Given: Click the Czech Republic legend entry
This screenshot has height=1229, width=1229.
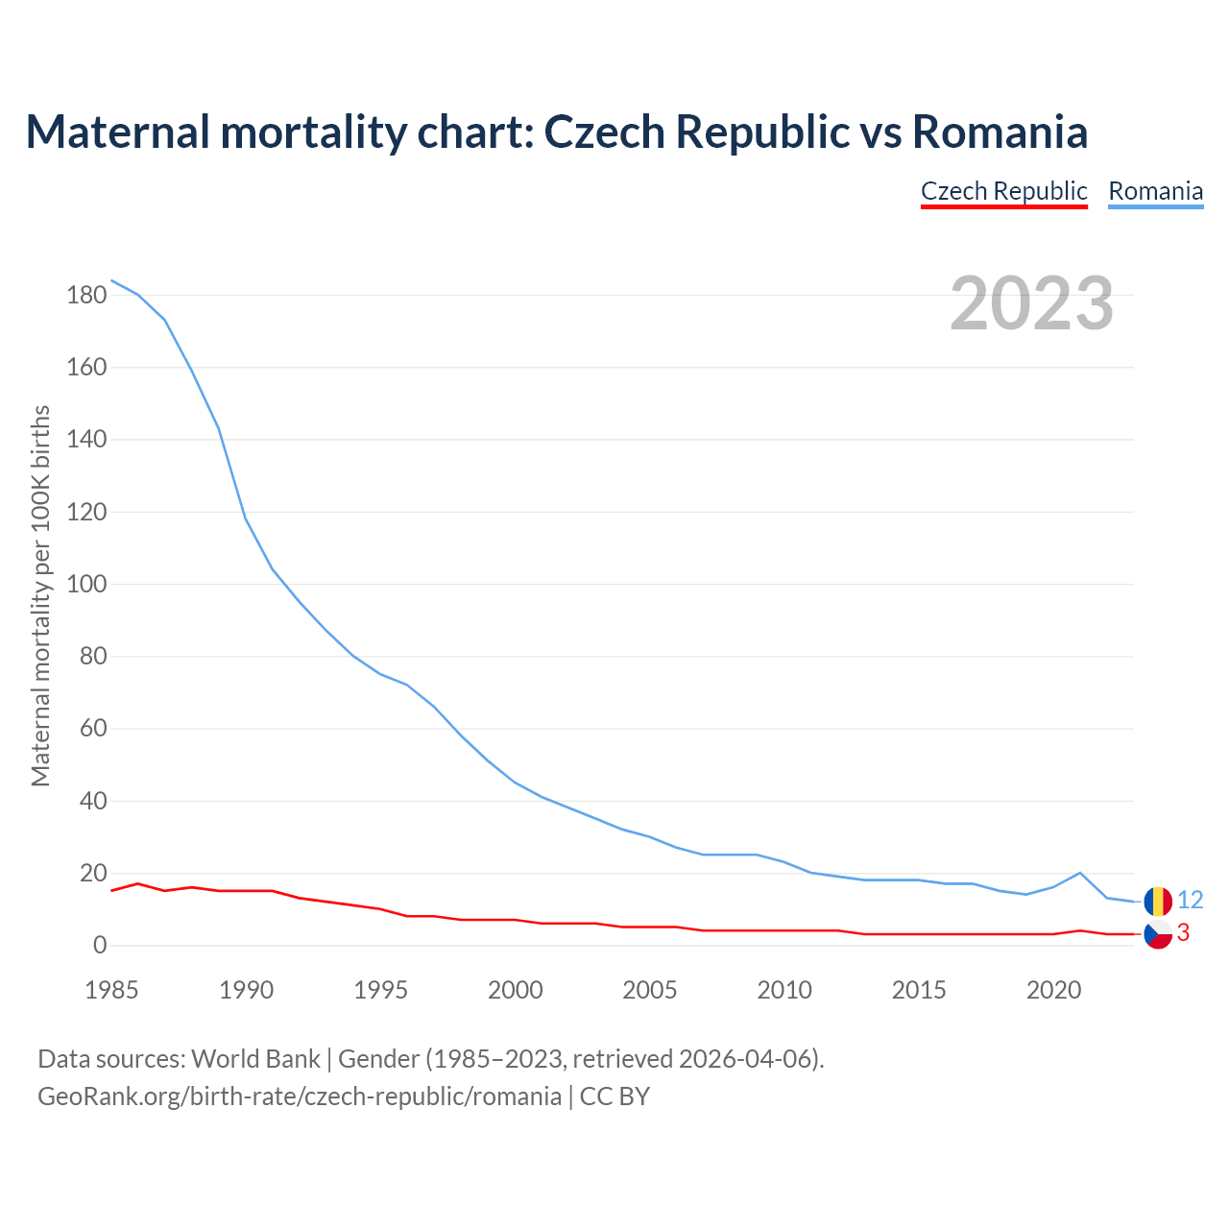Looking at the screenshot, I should tap(1003, 191).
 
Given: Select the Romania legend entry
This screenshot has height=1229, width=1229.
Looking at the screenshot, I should tap(1155, 191).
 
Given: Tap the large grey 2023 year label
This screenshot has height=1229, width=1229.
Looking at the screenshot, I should tap(1031, 303).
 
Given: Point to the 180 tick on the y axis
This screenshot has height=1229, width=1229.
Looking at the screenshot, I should tap(86, 295).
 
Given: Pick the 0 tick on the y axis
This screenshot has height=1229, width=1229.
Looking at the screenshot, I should tap(100, 945).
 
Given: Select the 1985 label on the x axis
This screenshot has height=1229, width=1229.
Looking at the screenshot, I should tap(111, 990).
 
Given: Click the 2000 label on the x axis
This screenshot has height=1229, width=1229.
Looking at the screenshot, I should tap(516, 990).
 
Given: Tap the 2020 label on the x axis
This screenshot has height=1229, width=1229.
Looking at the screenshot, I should tap(1053, 990).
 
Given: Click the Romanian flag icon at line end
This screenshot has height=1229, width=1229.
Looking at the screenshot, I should tap(1158, 901).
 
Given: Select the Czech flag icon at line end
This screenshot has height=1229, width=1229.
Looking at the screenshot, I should tap(1158, 934).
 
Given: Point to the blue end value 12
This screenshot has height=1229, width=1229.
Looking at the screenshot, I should tap(1190, 900).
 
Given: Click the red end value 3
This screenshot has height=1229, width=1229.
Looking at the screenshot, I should tap(1183, 932).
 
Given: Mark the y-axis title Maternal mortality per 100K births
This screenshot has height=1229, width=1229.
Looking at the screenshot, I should tap(40, 596).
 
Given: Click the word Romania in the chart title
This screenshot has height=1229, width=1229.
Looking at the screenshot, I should tap(1000, 132).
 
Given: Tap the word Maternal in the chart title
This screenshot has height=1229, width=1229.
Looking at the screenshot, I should tap(117, 132).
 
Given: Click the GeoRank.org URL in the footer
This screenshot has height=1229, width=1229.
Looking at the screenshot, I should tap(299, 1096).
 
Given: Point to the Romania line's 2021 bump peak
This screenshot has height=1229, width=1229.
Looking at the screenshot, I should tap(1080, 873).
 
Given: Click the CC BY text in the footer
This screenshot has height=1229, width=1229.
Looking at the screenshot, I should tap(614, 1096).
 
